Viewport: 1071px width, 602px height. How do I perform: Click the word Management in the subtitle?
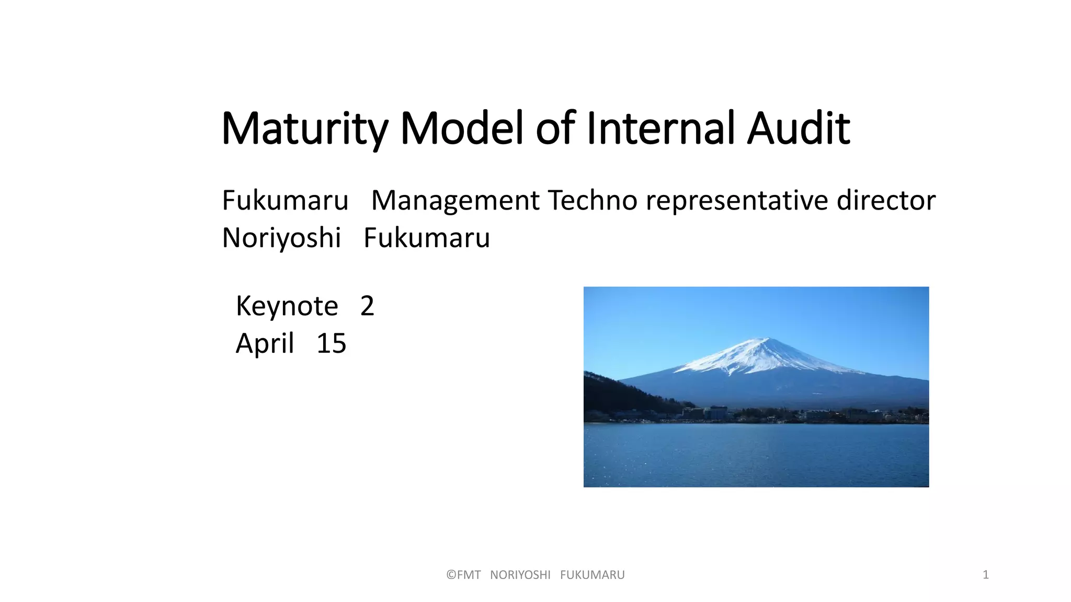point(455,201)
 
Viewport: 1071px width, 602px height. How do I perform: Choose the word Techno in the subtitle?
point(591,201)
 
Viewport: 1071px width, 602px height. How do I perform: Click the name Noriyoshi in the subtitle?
point(281,238)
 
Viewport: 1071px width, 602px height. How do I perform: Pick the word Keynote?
point(287,306)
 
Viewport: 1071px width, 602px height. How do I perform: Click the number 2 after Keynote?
point(367,306)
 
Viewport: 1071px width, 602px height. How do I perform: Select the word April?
point(265,344)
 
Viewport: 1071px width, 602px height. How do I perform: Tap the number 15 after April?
point(332,344)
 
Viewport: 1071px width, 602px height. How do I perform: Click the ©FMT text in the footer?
point(463,575)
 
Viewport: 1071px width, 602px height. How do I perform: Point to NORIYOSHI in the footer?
point(520,575)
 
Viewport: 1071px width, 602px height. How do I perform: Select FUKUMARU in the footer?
point(593,575)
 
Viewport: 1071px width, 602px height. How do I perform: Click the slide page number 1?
point(986,575)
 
